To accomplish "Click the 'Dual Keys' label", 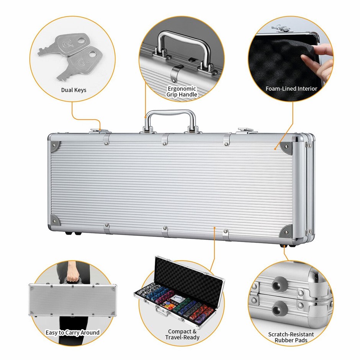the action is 74,90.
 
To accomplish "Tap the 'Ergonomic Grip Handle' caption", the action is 182,92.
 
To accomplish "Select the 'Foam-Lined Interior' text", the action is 291,88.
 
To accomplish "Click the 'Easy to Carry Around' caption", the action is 72,332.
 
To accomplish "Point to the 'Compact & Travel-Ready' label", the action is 182,334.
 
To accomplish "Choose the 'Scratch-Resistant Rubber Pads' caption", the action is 291,337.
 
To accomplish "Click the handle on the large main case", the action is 171,121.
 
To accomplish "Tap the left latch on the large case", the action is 101,131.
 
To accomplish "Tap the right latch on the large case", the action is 247,131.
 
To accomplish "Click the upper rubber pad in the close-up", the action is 277,284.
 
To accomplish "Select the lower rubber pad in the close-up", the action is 278,309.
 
